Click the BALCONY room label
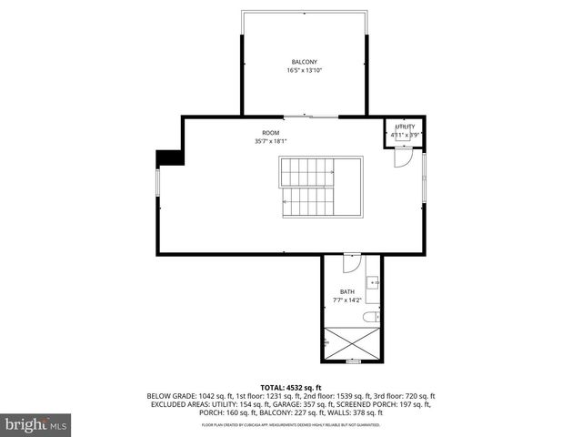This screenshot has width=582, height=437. pyautogui.click(x=304, y=62)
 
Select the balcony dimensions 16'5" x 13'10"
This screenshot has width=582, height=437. pyautogui.click(x=304, y=70)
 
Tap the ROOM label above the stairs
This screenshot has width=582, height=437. pyautogui.click(x=271, y=133)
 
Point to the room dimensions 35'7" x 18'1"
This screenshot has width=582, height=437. pyautogui.click(x=271, y=141)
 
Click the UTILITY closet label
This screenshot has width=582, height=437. pyautogui.click(x=405, y=127)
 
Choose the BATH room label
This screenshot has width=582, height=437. pyautogui.click(x=348, y=291)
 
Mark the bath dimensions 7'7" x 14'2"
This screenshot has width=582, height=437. pyautogui.click(x=348, y=300)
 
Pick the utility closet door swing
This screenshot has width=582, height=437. pyautogui.click(x=400, y=157)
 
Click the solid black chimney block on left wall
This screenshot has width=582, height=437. pyautogui.click(x=169, y=158)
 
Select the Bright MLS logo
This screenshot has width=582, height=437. pyautogui.click(x=36, y=424)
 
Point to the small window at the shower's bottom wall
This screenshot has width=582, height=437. pyautogui.click(x=353, y=361)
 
